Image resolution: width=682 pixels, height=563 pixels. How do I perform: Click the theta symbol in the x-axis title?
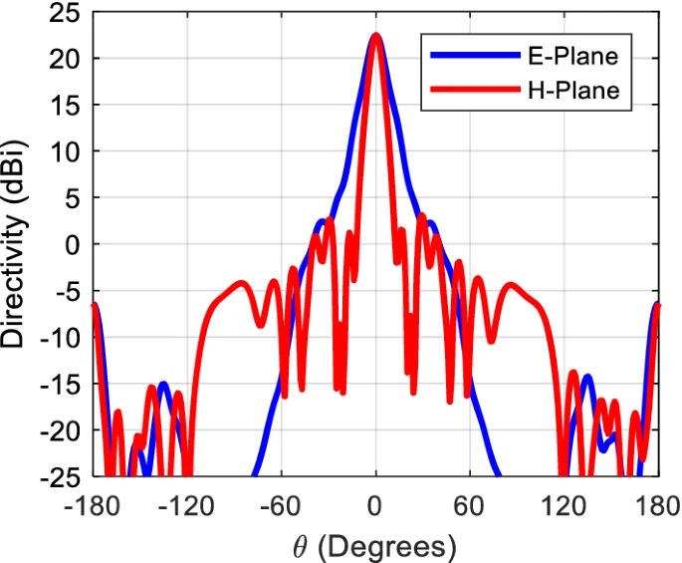299,544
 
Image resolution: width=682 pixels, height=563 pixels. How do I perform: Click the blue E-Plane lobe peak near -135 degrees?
163,384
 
